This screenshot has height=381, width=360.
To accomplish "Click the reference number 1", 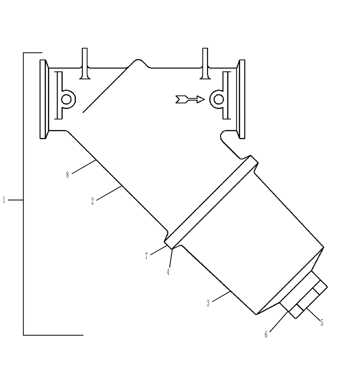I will pos(4,200).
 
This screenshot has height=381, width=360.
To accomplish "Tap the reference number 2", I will pos(92,202).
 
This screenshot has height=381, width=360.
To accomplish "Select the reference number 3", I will pos(208,304).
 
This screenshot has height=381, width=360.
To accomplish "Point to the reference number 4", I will pos(168,272).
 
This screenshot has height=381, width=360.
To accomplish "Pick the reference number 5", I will pos(321,323).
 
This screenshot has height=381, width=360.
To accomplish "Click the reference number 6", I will pos(266,335).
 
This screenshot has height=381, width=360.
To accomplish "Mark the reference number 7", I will pos(146,256).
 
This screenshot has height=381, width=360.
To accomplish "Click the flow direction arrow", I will pos(190,100).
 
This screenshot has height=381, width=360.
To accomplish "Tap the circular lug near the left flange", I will pos(67,99).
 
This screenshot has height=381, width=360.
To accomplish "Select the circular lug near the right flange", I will pos(219,99).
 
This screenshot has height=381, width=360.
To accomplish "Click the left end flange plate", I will pos(43,99).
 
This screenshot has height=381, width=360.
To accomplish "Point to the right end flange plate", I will pos(241,99).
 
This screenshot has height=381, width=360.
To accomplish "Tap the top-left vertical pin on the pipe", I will pos(85,64).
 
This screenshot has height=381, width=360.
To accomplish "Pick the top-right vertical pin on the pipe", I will pos(205,64).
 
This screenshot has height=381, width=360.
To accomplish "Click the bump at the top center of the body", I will pos(138,63).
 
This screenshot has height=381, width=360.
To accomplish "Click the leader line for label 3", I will pos(220,297).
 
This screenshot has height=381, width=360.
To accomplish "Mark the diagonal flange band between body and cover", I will pos(212,201).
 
